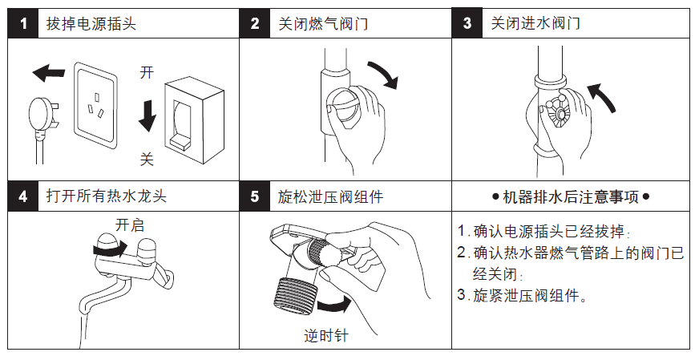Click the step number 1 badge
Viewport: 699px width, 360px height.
(x=23, y=23)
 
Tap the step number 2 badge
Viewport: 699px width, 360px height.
(x=255, y=23)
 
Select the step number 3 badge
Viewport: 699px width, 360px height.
(x=467, y=22)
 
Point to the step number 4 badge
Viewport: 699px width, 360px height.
(x=23, y=196)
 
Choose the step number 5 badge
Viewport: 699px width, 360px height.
(x=255, y=196)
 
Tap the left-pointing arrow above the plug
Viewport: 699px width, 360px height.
(x=49, y=75)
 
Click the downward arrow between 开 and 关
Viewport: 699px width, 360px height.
(x=147, y=115)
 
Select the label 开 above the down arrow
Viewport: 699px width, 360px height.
(x=147, y=73)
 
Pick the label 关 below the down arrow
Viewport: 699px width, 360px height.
(x=147, y=159)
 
